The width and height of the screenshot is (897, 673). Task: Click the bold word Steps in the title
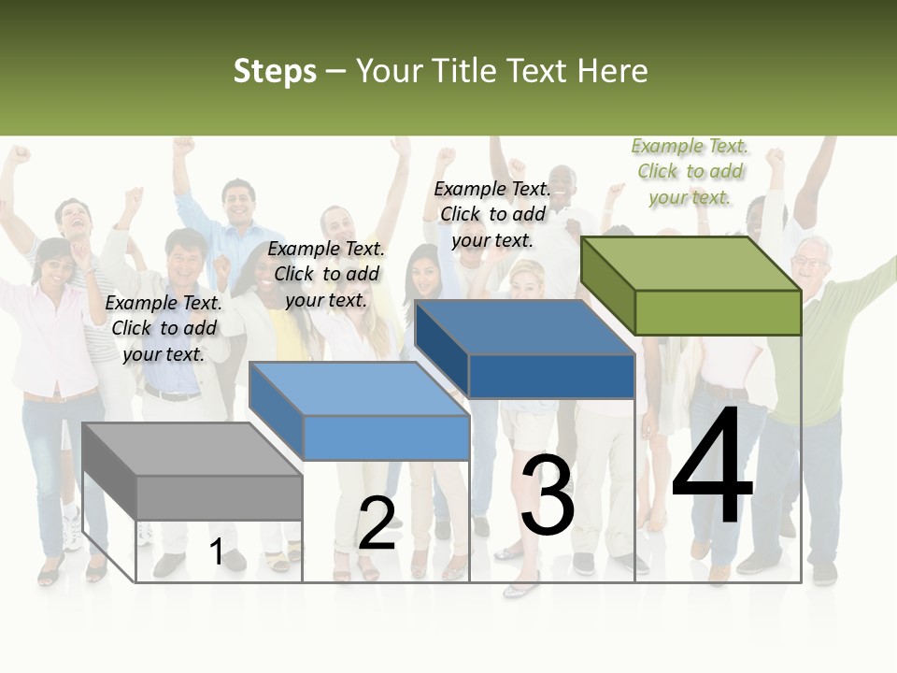tap(275, 71)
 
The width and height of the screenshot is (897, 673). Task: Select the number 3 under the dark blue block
tap(548, 495)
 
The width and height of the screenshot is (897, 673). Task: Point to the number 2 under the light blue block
tap(377, 523)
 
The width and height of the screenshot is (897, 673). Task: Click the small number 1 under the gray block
tap(216, 552)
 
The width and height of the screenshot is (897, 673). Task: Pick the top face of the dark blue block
tap(523, 327)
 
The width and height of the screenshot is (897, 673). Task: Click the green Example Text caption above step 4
tap(690, 171)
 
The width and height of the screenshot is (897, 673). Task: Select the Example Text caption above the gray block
tap(164, 328)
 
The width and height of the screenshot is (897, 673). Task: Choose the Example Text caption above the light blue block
tap(326, 274)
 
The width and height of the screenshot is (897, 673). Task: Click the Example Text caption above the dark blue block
tap(492, 214)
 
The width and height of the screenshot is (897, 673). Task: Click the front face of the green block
tap(718, 312)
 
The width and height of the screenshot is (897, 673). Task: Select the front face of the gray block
tap(220, 497)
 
